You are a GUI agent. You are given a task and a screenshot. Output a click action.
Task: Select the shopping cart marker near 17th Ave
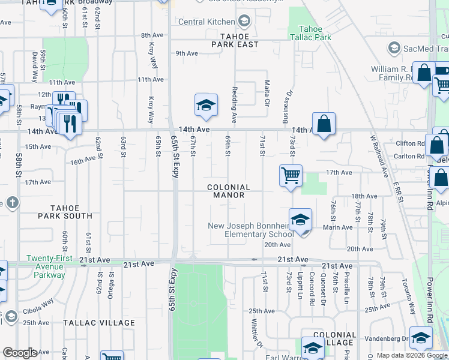click(x=291, y=176)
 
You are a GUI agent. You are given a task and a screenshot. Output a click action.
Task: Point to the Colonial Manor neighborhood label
click(x=228, y=191)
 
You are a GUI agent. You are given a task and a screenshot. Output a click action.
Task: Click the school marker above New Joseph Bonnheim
click(x=300, y=220)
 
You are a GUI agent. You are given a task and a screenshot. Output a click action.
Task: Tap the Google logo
click(x=20, y=352)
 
